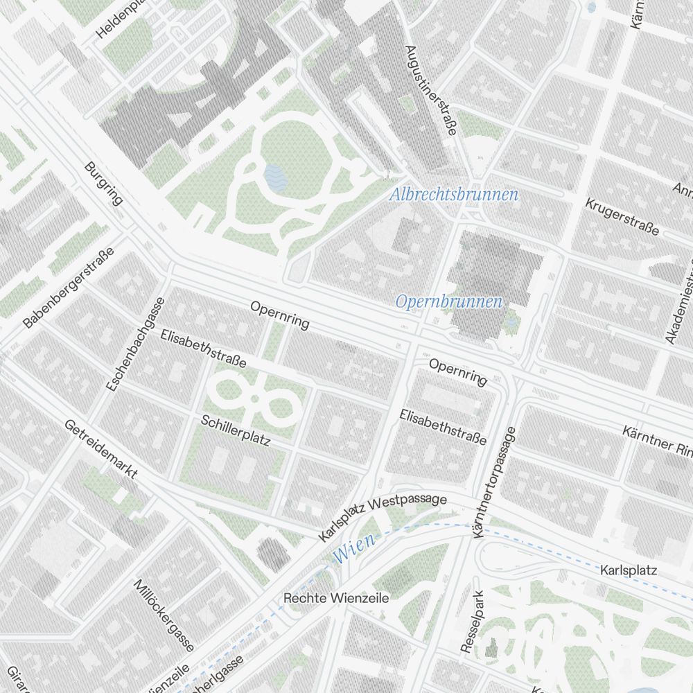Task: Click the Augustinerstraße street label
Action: tap(430, 91)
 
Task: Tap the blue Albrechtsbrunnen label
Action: tap(453, 195)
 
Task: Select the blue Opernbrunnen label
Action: tap(448, 301)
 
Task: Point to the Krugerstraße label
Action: tap(622, 216)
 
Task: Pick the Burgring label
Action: tap(103, 184)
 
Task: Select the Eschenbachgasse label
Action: tap(135, 345)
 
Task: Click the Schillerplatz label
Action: tap(235, 430)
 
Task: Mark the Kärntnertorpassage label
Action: tap(493, 482)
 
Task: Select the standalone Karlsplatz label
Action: tap(628, 570)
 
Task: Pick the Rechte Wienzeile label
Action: tap(336, 597)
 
